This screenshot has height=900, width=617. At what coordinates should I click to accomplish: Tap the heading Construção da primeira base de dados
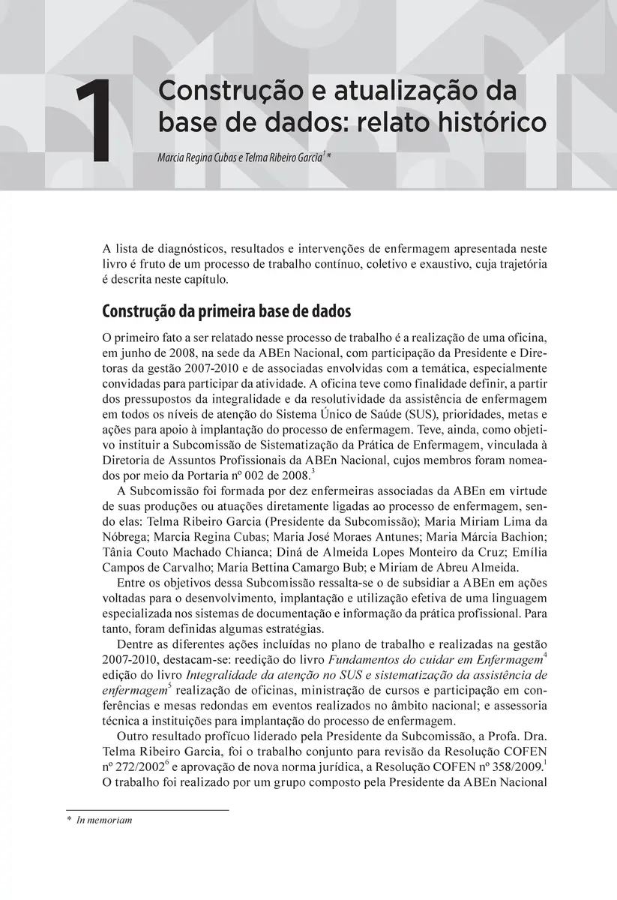coord(221,311)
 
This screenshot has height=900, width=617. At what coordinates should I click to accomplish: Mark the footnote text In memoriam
coord(104,820)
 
